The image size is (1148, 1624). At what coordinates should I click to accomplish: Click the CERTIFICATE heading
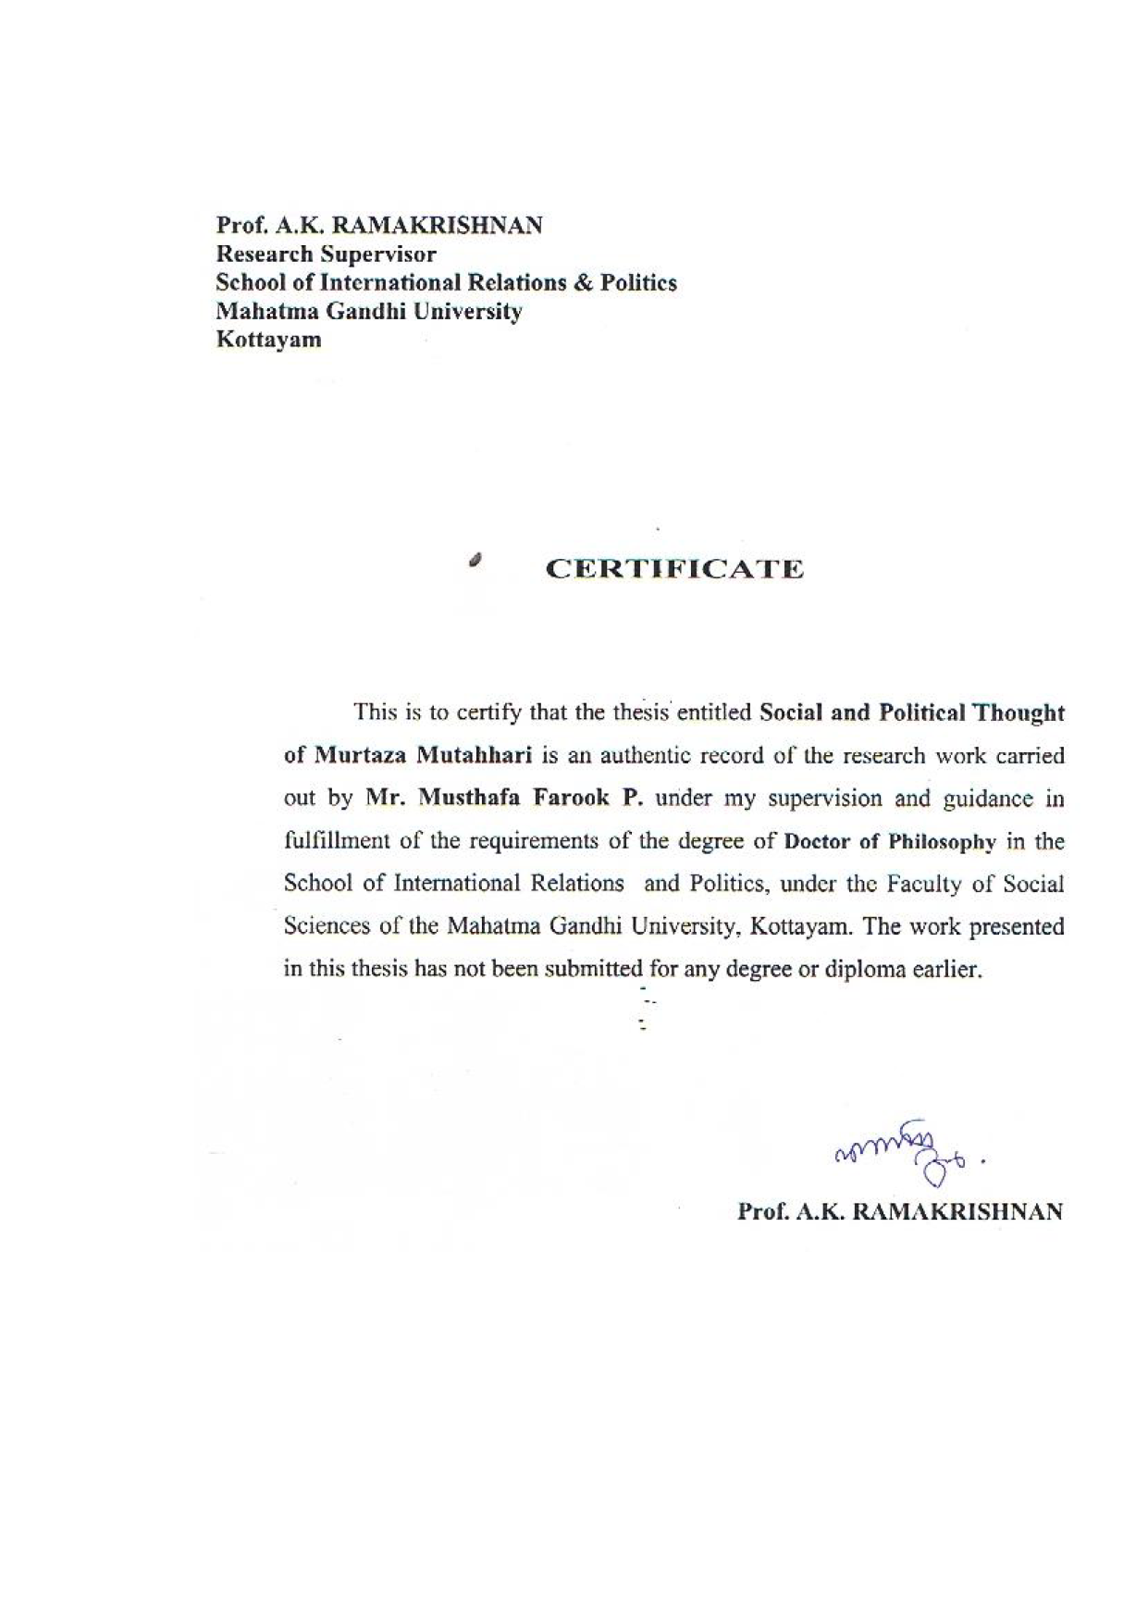click(674, 568)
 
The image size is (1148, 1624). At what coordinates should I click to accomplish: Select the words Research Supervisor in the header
click(326, 254)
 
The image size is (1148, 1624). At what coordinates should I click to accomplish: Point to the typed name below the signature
click(900, 1211)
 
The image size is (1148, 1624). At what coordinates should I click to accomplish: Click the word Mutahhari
click(473, 755)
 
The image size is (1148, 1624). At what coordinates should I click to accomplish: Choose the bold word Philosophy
click(941, 842)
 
